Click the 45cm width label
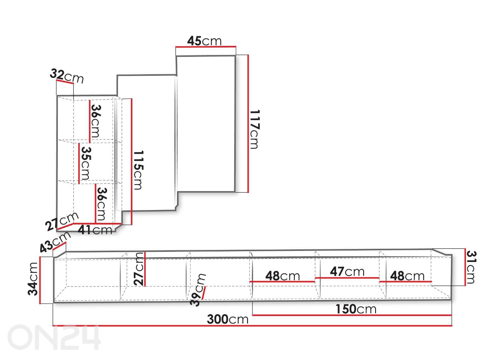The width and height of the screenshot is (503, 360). (204, 41)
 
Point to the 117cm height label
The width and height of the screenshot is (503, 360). (255, 129)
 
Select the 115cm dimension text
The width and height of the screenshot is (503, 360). (139, 170)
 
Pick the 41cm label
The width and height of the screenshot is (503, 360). (95, 230)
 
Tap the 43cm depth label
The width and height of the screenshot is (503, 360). (55, 242)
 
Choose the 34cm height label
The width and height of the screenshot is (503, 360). (33, 279)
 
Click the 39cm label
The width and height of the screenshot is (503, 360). (198, 290)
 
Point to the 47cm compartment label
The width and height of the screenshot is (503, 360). (347, 272)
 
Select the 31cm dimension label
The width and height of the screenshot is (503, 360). (471, 267)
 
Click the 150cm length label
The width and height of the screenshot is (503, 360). (356, 309)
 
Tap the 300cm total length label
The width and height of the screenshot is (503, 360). (228, 319)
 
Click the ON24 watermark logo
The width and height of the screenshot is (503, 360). (54, 337)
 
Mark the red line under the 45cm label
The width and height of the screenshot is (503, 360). (206, 47)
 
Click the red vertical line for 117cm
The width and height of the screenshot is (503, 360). (248, 124)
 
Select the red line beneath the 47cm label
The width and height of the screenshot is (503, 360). (347, 278)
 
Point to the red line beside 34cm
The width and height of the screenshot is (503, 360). (40, 280)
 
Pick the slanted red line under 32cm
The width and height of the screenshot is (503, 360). (65, 81)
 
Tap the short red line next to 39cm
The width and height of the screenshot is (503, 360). (203, 293)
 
